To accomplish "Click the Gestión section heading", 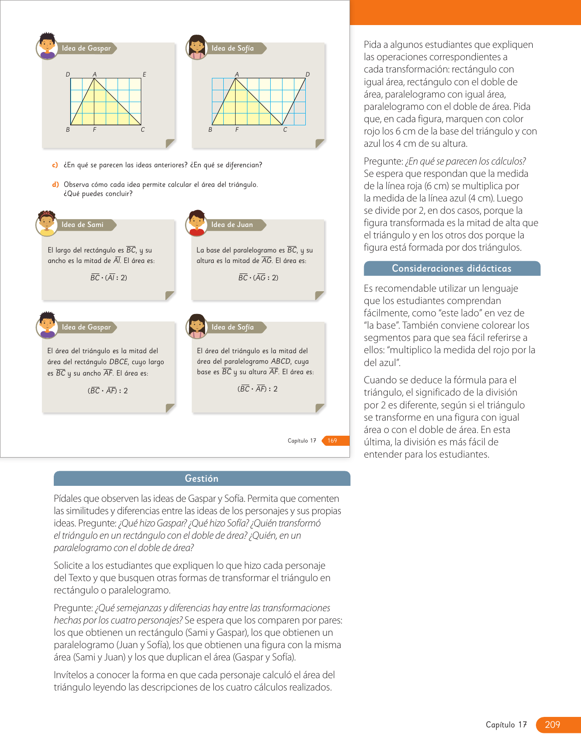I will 201,479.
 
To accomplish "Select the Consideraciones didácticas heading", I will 452,268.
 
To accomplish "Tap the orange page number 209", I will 552,725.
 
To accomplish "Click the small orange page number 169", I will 332,441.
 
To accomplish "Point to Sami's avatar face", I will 46,222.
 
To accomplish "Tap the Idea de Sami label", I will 82,225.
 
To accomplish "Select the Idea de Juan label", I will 232,225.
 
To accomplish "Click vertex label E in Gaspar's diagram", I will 144,74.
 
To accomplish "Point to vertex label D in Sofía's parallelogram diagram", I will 308,74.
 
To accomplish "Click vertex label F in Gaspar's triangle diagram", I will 94,130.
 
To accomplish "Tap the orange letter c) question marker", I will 55,165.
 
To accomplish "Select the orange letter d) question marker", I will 55,185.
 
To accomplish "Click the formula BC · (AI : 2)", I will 108,278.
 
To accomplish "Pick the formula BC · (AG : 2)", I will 258,278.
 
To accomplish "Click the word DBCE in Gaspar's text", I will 118,362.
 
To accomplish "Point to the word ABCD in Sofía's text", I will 281,361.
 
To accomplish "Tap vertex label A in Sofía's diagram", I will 237,74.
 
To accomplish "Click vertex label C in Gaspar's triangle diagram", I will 143,130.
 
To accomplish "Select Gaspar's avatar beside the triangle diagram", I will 47,46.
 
